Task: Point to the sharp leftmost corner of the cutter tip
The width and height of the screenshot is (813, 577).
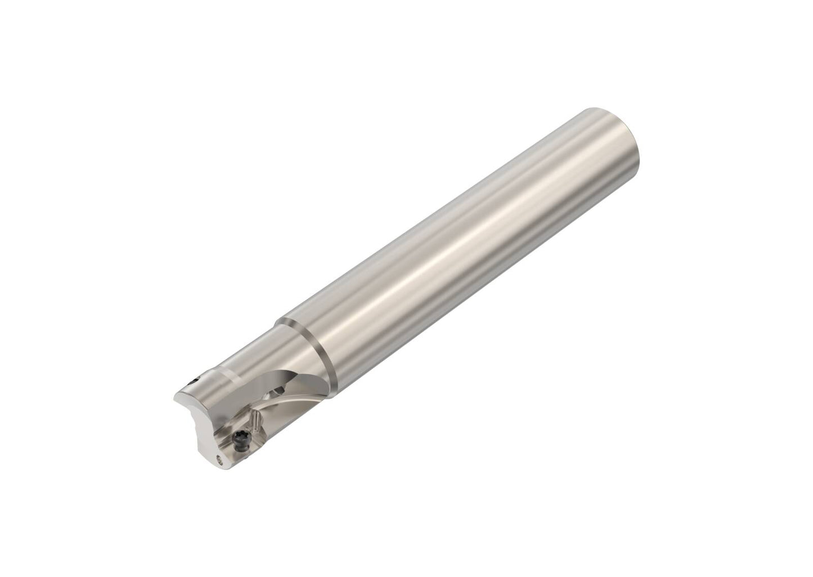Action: [172, 400]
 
